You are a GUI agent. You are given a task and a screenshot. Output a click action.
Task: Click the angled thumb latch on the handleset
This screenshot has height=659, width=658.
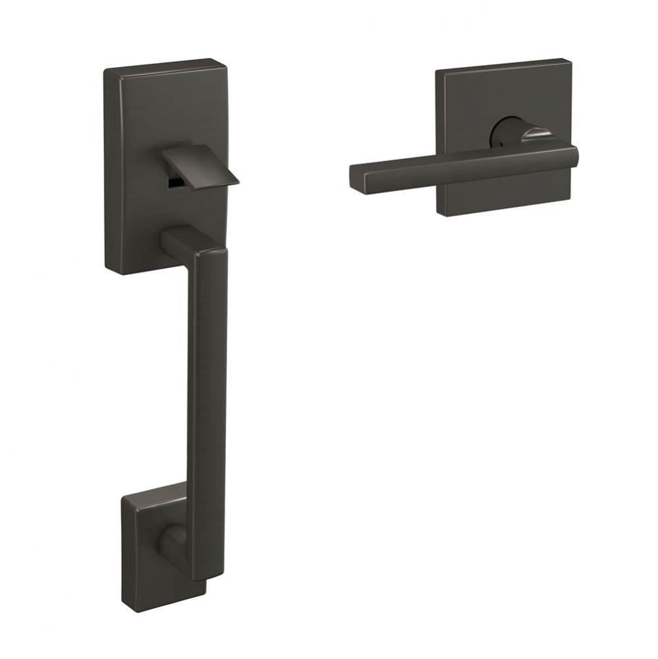(x=202, y=165)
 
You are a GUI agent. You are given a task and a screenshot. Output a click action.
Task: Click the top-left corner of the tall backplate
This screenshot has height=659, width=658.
(x=105, y=69)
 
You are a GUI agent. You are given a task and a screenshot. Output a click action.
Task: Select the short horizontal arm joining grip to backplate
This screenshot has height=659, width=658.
(x=178, y=241)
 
